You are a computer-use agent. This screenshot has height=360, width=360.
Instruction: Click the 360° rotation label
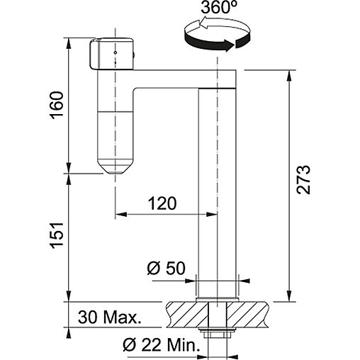coord(218,8)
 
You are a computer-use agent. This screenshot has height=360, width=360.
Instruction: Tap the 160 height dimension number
coord(57,105)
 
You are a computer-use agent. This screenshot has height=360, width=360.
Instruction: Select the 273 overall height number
coord(303,179)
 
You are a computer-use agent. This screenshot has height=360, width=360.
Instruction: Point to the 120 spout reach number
coord(162,203)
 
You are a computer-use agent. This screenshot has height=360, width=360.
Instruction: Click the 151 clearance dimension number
coord(57,235)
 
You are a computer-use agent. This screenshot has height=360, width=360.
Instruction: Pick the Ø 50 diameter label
coord(166,269)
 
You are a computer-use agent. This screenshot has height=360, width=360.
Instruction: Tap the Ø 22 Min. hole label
coord(162,345)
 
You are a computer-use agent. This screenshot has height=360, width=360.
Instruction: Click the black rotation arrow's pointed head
coord(229,45)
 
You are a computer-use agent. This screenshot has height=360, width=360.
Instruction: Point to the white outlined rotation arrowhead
coord(203,22)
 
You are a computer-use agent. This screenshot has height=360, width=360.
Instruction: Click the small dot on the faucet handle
coord(116,52)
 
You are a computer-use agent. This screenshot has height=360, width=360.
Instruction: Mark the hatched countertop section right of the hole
coord(247,315)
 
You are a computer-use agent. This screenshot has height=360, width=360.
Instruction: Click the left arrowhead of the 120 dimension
coord(120,214)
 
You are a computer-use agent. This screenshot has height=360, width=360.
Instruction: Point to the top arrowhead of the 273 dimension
coord(289,76)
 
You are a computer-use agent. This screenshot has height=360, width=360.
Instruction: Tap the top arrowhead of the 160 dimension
coord(69,43)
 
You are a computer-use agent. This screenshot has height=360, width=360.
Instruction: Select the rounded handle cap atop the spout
coord(111,54)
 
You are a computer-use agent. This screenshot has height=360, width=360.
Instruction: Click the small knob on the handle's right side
coord(134,55)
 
